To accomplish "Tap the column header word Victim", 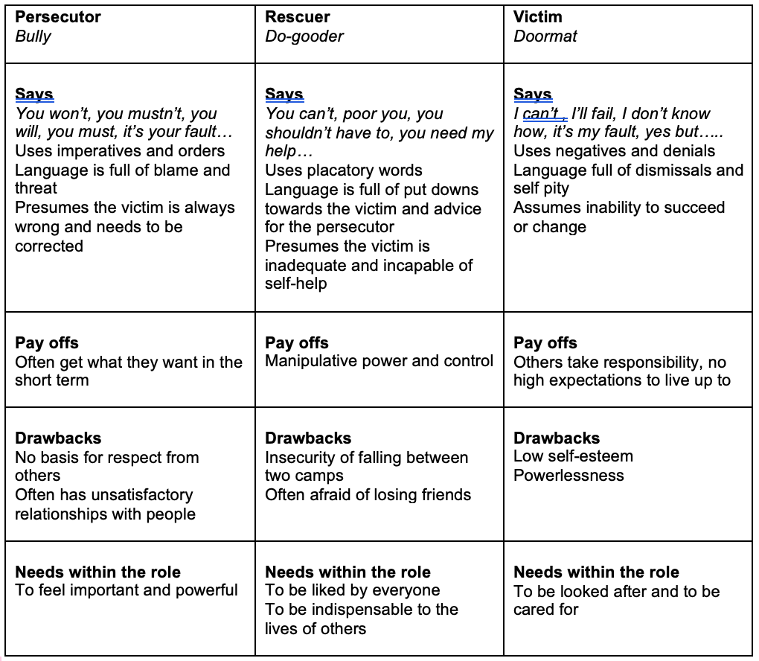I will [537, 16].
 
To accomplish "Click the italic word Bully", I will [33, 36].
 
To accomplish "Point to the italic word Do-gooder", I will [304, 36].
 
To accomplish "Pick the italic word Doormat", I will [545, 36].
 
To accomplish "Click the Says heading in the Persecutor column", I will [34, 95].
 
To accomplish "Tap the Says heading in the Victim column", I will [532, 95].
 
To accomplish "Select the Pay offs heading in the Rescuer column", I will [297, 343].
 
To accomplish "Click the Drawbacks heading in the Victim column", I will [557, 438].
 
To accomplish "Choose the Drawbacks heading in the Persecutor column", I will [58, 438].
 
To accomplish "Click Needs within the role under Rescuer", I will [348, 572].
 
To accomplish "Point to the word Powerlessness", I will [569, 476].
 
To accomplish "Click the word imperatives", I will [97, 151].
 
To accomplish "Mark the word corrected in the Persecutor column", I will [49, 246].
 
